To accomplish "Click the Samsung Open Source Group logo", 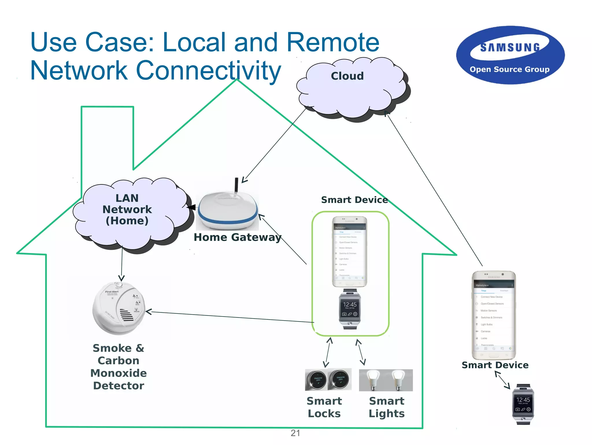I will click(510, 55).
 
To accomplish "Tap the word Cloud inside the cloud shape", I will click(347, 76).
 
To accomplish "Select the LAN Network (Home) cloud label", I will click(127, 209).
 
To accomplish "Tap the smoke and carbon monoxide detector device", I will click(119, 308).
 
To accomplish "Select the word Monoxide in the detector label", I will click(119, 373).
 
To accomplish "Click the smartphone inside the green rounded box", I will click(349, 251).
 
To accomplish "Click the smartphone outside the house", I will click(494, 315).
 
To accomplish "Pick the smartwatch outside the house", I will click(523, 404).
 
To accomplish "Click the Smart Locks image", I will click(328, 380).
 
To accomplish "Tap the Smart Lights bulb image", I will click(386, 380).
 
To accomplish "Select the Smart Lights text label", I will click(386, 407).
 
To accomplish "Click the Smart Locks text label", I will click(324, 407).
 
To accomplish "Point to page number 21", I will click(295, 433).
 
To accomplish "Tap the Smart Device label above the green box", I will click(354, 200).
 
